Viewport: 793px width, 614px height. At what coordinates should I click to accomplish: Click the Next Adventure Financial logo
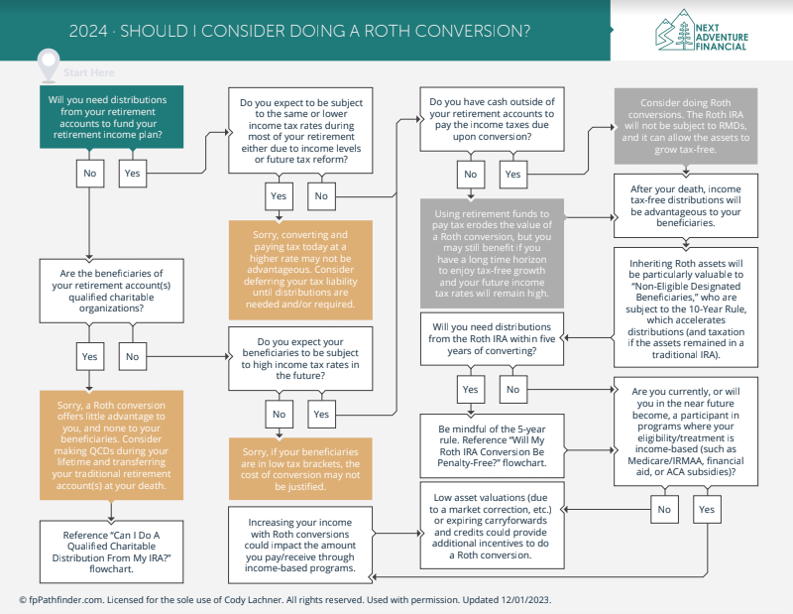[x=702, y=31]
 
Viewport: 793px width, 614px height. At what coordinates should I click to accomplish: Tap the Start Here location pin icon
[x=49, y=64]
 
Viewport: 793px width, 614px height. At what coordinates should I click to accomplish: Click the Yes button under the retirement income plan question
[x=133, y=174]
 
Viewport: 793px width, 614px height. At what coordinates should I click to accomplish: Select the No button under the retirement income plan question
[x=90, y=174]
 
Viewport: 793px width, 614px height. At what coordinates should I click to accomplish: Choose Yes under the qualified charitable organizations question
[x=89, y=356]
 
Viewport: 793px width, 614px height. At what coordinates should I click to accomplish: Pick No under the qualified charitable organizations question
[x=133, y=356]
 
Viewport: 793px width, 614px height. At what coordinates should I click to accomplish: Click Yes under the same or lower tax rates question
[x=279, y=195]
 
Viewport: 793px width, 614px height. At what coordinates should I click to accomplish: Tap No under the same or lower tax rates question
[x=321, y=195]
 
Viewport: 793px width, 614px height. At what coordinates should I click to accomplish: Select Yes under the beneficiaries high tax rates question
[x=321, y=414]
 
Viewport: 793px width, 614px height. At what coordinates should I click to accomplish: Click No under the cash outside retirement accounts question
[x=470, y=175]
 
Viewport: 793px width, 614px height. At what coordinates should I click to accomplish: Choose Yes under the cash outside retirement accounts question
[x=512, y=175]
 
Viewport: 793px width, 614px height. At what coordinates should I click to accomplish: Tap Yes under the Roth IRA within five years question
[x=470, y=389]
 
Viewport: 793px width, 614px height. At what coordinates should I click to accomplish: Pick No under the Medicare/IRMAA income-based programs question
[x=664, y=509]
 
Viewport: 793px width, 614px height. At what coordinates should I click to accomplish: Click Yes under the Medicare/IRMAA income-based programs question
[x=707, y=509]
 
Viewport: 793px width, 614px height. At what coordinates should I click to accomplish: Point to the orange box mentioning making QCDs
[x=111, y=445]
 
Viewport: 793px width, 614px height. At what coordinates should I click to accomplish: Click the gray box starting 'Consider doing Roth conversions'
[x=686, y=126]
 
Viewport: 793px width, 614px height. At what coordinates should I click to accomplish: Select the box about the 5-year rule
[x=492, y=445]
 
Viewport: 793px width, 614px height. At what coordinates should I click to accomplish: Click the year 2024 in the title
[x=88, y=31]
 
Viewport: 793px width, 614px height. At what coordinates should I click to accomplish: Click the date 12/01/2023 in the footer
[x=525, y=600]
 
